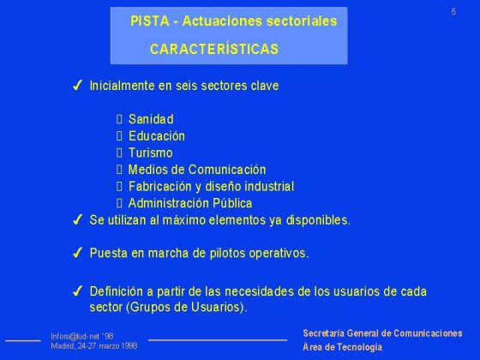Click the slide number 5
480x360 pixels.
(x=453, y=10)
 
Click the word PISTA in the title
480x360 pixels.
(x=147, y=21)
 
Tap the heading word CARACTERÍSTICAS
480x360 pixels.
(x=213, y=50)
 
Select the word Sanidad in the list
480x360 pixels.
(x=151, y=119)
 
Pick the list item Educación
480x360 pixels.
(x=156, y=136)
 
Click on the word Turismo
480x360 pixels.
(x=150, y=153)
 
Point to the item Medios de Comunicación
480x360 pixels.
(x=197, y=170)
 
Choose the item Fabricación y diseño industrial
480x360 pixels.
(x=211, y=186)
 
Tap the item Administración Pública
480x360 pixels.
(x=190, y=203)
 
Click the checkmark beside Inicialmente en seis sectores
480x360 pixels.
(x=77, y=87)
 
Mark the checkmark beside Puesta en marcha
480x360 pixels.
(x=77, y=253)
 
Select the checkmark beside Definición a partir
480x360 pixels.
(x=77, y=291)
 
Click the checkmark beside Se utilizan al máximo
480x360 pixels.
(x=77, y=219)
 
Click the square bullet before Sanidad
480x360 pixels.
(x=119, y=119)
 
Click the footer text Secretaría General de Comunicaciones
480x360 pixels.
(x=382, y=333)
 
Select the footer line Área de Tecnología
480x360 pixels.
(x=343, y=347)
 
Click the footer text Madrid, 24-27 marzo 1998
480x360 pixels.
(x=94, y=346)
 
